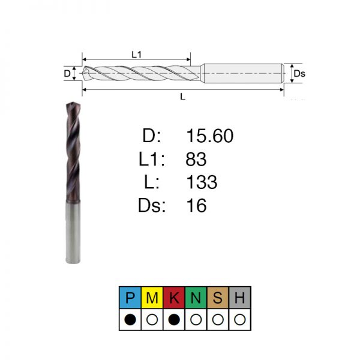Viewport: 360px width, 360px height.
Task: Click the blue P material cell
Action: pos(130,298)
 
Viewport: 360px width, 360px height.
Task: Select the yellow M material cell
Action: pos(152,298)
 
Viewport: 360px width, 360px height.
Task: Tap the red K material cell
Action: pos(174,298)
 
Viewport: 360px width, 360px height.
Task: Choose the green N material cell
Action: pos(196,298)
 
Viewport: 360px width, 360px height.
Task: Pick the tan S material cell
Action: pos(218,298)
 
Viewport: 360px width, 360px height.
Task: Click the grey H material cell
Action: pos(239,298)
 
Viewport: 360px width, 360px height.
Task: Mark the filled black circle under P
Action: pos(130,319)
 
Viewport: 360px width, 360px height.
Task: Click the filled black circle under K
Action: pos(174,319)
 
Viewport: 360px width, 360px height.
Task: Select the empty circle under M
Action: pos(152,319)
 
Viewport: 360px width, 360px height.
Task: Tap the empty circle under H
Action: pos(239,319)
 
